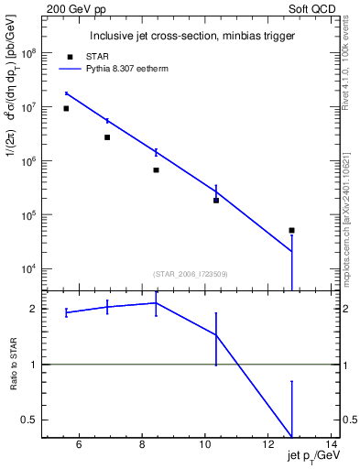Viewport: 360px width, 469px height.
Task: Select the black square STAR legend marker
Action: coord(71,57)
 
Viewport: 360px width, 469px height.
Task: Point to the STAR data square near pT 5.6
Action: coord(66,108)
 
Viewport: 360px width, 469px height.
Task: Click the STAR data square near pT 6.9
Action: coord(107,137)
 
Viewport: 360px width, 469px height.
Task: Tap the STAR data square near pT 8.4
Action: coord(156,170)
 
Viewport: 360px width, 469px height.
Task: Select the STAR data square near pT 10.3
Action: coord(216,200)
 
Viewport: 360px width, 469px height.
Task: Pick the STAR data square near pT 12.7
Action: coord(291,230)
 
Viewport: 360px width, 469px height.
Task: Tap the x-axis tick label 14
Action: coord(332,446)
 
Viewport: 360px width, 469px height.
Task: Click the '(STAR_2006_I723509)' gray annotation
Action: coord(191,274)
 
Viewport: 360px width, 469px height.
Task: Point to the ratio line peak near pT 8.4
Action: coord(156,302)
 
